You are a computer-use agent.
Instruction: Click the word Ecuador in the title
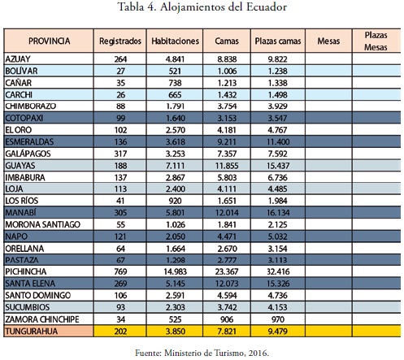click(x=267, y=7)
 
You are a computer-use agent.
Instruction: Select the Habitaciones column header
click(x=175, y=41)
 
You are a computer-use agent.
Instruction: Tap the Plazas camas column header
click(x=278, y=41)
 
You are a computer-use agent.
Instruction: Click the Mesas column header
click(x=328, y=41)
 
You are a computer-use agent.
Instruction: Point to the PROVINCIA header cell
click(x=49, y=41)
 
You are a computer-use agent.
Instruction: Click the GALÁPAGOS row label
click(x=28, y=154)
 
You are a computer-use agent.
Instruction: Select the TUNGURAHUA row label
click(x=32, y=332)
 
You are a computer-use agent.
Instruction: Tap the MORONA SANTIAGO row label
click(x=43, y=224)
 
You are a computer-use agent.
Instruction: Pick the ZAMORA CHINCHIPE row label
click(x=42, y=319)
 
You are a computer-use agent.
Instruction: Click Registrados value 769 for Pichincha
click(x=120, y=271)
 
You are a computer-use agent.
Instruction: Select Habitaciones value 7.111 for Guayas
click(x=175, y=166)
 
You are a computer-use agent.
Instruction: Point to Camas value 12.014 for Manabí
click(x=227, y=213)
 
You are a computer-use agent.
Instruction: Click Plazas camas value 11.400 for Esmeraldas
click(x=278, y=141)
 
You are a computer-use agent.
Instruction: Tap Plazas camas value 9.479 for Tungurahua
click(x=278, y=332)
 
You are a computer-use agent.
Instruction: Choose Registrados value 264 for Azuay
click(x=120, y=59)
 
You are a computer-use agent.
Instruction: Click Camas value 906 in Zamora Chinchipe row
click(x=227, y=319)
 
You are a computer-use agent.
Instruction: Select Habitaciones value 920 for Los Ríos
click(x=175, y=201)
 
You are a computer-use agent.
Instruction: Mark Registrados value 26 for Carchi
click(x=120, y=94)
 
